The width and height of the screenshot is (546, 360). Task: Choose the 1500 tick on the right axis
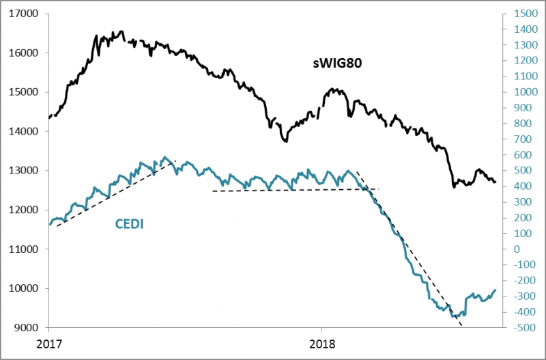pos(521,14)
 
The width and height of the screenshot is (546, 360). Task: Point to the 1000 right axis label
pos(521,92)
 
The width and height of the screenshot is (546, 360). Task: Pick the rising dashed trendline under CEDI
pos(116,195)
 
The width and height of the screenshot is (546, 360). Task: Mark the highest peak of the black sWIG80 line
pos(121,31)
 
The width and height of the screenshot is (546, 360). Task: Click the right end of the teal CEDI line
pos(495,290)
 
